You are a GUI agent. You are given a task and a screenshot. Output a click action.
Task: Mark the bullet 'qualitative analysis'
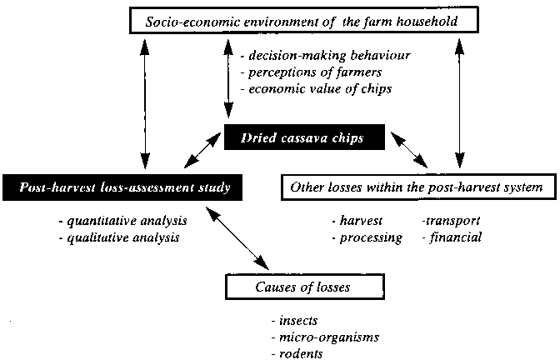click(120, 237)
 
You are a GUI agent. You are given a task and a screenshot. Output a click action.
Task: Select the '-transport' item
click(451, 221)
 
